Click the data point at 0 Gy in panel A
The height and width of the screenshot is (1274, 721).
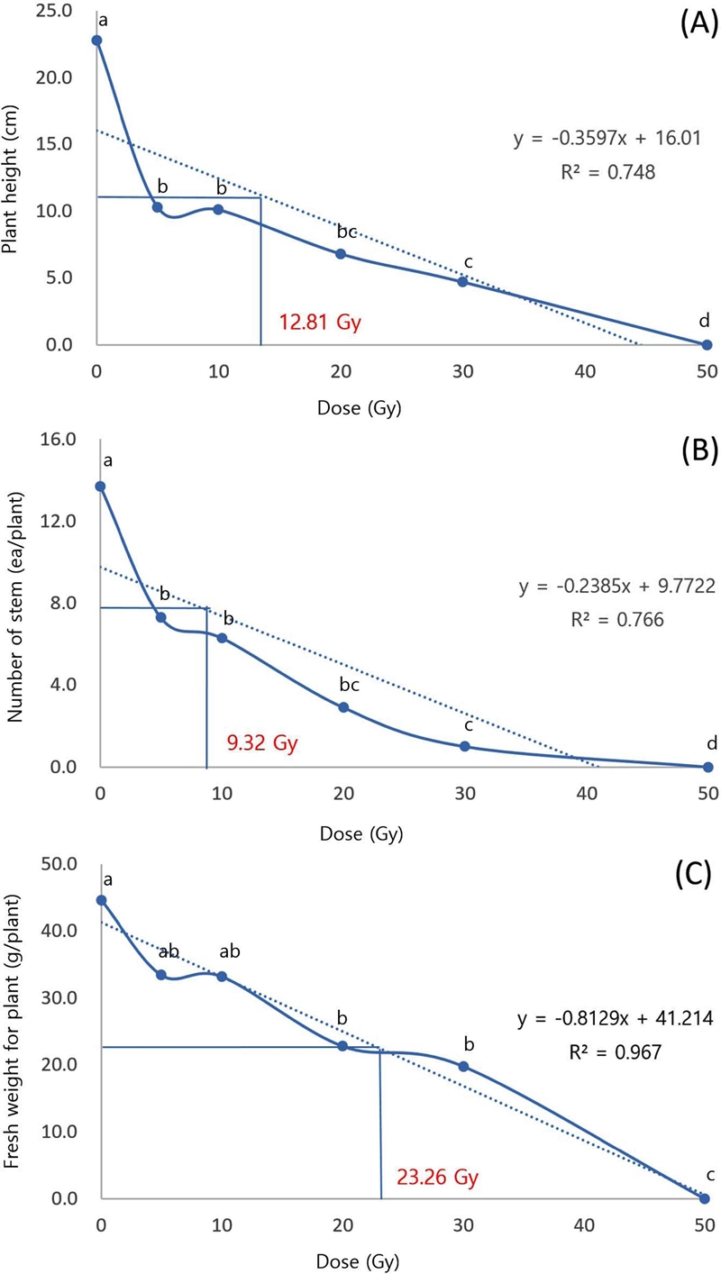[x=96, y=41]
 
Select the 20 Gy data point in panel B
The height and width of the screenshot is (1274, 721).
[x=343, y=707]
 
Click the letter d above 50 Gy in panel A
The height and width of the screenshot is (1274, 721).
[x=706, y=319]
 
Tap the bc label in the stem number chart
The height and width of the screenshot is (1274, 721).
[x=349, y=684]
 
